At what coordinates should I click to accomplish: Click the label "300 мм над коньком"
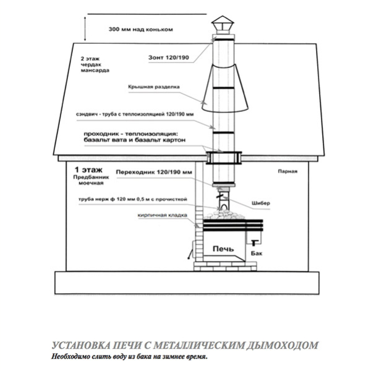coord(140,30)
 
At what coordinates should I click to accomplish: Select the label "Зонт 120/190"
coord(168,58)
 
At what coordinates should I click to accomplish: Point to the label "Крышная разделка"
coord(154,87)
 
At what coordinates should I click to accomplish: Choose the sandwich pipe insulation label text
coord(135,114)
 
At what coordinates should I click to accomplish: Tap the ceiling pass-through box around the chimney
coord(224,158)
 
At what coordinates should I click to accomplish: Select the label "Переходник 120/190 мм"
coord(154,172)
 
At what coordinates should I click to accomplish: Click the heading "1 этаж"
coord(88,169)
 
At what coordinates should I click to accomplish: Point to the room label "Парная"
coord(288,171)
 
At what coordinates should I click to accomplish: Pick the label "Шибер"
coord(261,203)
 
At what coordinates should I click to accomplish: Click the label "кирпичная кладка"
coord(162,215)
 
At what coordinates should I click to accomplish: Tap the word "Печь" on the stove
coord(223,249)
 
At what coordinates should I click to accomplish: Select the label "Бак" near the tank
coord(257,254)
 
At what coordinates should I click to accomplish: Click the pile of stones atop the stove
coord(224,215)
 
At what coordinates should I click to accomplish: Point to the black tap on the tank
coord(254,242)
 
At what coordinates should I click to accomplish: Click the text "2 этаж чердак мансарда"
coord(95,64)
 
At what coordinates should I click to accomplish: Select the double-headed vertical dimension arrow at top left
coord(85,29)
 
